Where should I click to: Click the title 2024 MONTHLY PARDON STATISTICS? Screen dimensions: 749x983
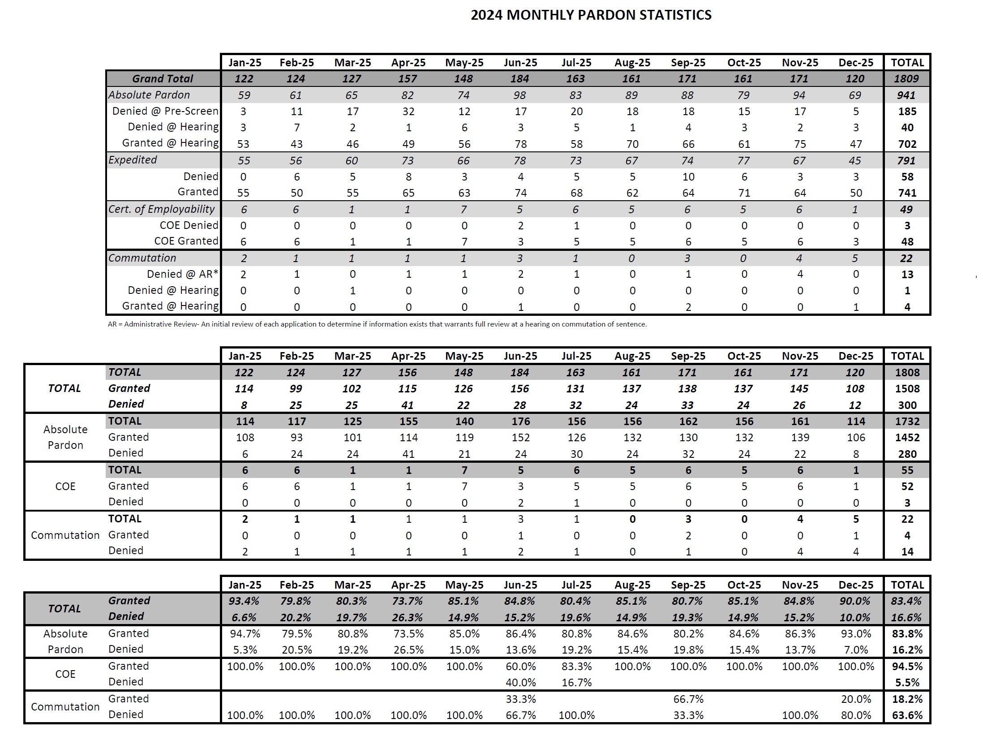click(x=591, y=15)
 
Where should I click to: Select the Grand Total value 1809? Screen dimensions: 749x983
click(x=906, y=79)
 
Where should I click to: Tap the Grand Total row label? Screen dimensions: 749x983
click(x=163, y=79)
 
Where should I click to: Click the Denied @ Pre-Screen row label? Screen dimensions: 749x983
click(x=165, y=111)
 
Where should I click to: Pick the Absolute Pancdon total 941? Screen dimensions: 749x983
click(x=906, y=95)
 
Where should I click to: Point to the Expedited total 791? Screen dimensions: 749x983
click(x=906, y=160)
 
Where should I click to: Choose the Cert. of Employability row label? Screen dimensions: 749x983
click(x=162, y=209)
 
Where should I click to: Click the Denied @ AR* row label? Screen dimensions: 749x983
click(x=183, y=274)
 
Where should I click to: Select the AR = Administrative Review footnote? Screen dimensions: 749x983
click(x=377, y=324)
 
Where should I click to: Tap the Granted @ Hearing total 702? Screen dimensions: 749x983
click(x=907, y=144)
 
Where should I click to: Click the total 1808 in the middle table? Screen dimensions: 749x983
click(x=907, y=372)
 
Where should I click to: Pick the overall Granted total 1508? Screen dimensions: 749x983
click(x=907, y=389)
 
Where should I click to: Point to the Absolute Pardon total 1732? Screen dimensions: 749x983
click(x=907, y=421)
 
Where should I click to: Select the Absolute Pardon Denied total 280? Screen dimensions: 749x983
click(x=907, y=454)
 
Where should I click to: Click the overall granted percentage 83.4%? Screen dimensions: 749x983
click(x=906, y=601)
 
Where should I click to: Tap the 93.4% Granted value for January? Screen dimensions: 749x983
click(x=244, y=601)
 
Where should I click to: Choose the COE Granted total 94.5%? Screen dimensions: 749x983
click(x=907, y=666)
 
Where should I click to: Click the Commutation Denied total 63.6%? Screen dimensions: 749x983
click(x=907, y=715)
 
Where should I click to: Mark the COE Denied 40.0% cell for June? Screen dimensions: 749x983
click(x=520, y=682)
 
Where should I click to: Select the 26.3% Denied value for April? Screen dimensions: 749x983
click(x=408, y=617)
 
